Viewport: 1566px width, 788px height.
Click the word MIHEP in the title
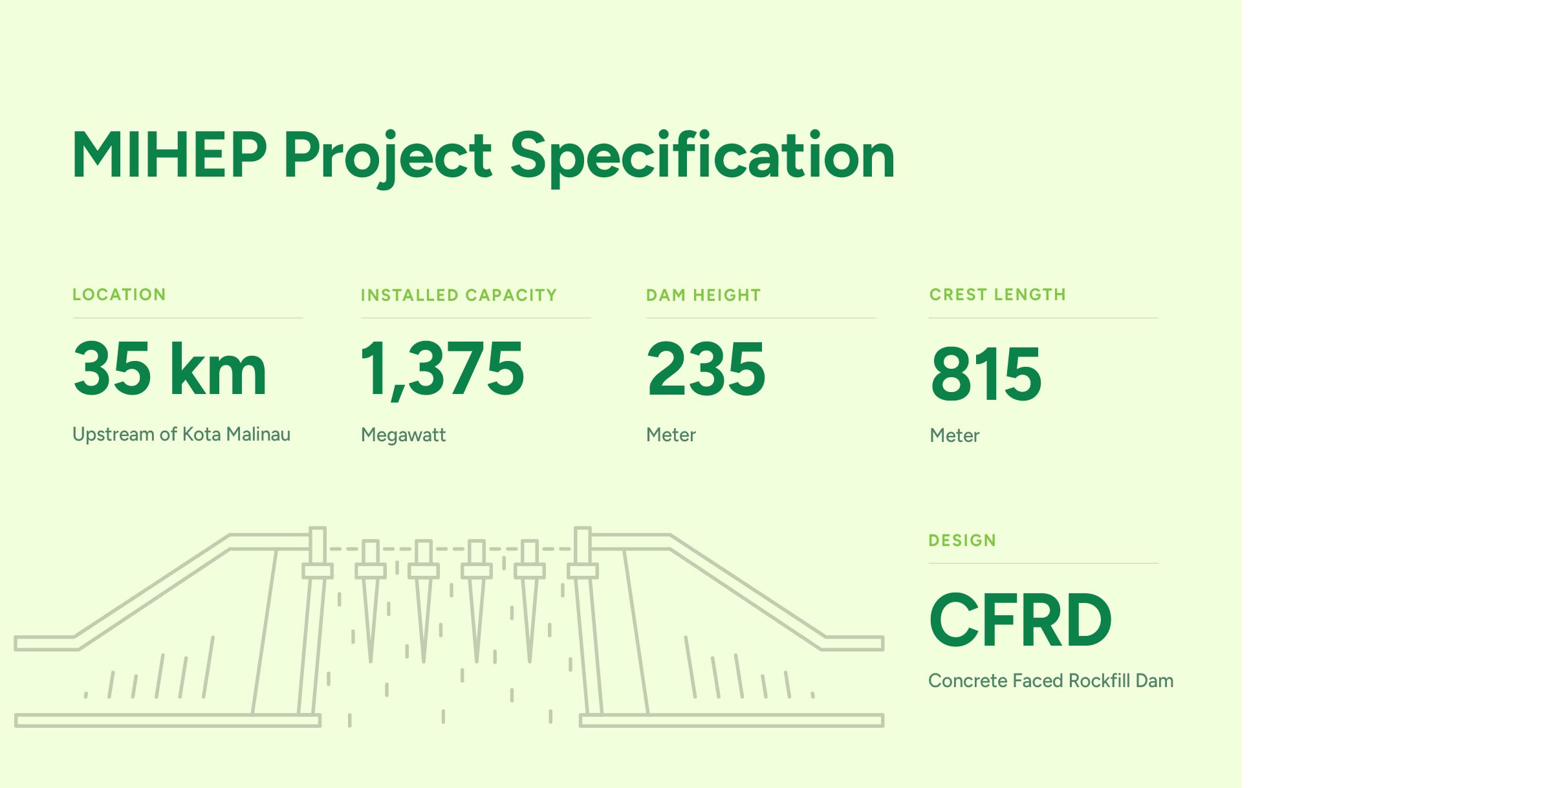pos(169,155)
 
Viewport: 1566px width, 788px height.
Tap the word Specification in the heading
pos(702,158)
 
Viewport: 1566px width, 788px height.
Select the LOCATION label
pos(119,294)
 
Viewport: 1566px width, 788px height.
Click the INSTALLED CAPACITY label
pos(459,295)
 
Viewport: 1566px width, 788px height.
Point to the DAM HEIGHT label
pos(703,295)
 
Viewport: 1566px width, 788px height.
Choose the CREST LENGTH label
pos(997,294)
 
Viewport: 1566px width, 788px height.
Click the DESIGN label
pos(962,540)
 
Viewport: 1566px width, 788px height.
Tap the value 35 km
pos(170,368)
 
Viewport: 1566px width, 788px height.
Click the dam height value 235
pos(706,368)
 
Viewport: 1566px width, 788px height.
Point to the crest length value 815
pos(986,373)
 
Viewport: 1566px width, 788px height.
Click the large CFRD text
pos(1021,620)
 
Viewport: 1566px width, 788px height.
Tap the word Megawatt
pos(404,435)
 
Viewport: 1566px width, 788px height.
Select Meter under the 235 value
pos(671,435)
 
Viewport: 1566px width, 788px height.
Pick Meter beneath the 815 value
pos(955,435)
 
